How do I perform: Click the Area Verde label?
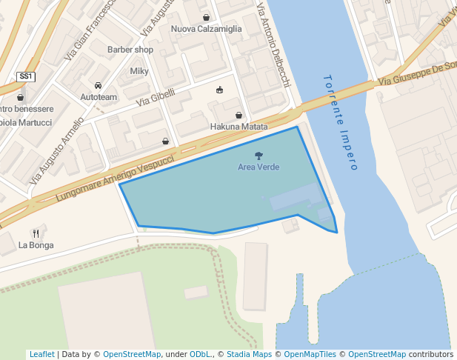click(x=258, y=167)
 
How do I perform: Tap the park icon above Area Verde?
click(x=258, y=156)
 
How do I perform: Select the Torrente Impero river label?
click(x=341, y=122)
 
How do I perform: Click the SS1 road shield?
click(x=26, y=76)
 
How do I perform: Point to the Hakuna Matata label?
click(x=238, y=127)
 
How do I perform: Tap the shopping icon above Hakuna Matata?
click(x=238, y=115)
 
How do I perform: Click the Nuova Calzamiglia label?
click(x=207, y=29)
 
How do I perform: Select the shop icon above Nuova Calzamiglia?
click(x=206, y=17)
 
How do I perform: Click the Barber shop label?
click(x=130, y=50)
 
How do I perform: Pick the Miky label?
click(x=139, y=71)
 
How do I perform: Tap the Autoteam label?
click(x=99, y=97)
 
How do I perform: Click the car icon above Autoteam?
click(x=99, y=85)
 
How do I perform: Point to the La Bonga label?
click(x=36, y=245)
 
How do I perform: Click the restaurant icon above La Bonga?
click(x=36, y=233)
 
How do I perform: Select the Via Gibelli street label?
click(x=156, y=96)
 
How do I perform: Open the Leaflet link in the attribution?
click(x=42, y=354)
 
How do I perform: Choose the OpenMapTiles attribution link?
click(x=310, y=354)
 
